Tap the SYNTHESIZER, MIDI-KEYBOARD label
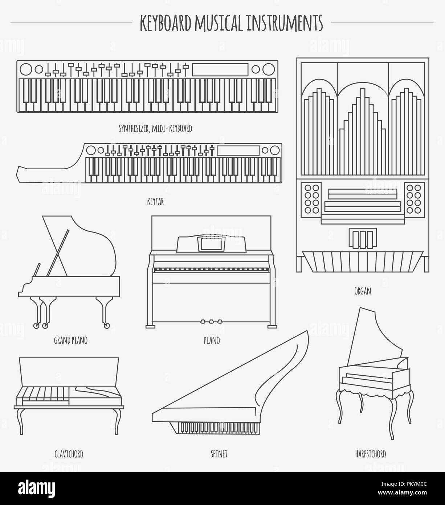[155, 128]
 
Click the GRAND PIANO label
[70, 340]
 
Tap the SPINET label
[219, 454]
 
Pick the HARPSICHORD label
[370, 454]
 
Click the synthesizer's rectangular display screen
[220, 69]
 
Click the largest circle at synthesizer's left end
[26, 69]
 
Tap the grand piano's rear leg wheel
[106, 326]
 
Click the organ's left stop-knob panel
[312, 198]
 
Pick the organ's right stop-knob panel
[414, 198]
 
